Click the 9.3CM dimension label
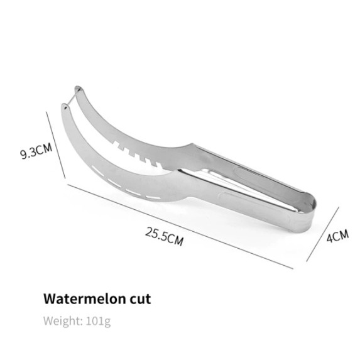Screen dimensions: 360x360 point(36,151)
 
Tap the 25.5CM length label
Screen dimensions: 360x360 point(165,236)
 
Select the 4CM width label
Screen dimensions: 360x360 point(338,236)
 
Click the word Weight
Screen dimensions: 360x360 point(63,321)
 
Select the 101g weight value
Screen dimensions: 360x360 point(98,321)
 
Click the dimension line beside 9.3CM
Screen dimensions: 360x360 point(56,145)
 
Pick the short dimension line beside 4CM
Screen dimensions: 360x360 point(322,234)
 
